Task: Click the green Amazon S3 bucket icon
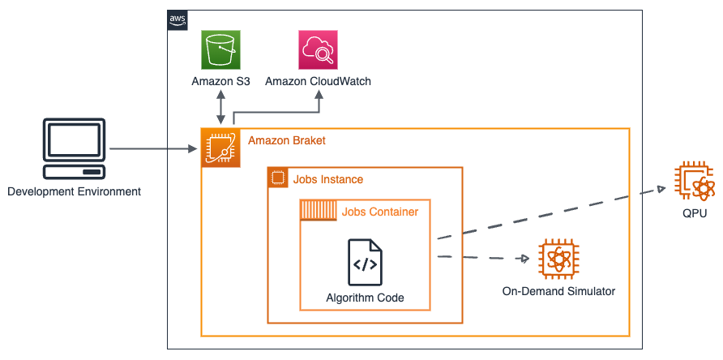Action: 220,49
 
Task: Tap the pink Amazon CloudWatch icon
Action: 319,49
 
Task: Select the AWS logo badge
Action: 178,20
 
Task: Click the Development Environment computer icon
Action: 75,148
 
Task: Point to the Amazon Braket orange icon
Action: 220,148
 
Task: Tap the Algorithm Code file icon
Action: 366,262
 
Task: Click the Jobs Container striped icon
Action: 319,211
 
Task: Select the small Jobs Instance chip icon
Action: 277,178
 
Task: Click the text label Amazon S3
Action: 220,82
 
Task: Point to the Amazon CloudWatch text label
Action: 319,82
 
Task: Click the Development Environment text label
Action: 75,191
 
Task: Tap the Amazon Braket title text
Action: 287,140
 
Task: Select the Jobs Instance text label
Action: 328,179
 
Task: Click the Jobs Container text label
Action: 380,212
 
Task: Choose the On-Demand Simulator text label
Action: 558,291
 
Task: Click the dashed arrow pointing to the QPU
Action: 551,213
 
